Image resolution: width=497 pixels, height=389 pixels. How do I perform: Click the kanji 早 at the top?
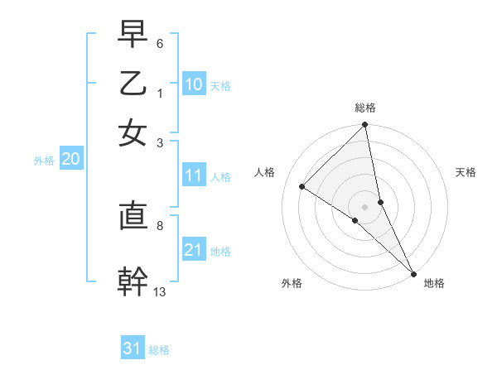[133, 35]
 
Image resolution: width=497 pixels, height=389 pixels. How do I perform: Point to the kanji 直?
[133, 216]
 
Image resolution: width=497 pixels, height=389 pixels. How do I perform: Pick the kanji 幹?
[133, 281]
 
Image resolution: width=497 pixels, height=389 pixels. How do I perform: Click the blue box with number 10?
[194, 84]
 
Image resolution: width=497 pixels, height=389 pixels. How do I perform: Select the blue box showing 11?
[194, 175]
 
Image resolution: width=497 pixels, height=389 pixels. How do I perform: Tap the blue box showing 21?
[194, 250]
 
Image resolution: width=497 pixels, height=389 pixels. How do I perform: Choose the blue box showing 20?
[70, 160]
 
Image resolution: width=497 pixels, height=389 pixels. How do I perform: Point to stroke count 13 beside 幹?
[160, 291]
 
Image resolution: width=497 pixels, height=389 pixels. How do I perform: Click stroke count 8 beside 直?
[160, 224]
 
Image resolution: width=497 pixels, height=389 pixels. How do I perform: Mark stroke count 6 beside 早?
[160, 42]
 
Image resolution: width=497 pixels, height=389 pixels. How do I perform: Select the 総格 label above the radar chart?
[365, 108]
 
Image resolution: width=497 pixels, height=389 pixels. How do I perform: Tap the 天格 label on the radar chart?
[466, 172]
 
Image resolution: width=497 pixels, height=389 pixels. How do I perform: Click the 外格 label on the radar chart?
[292, 284]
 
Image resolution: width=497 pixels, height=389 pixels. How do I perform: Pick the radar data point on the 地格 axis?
[413, 273]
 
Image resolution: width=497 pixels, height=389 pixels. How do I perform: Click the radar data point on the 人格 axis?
[302, 187]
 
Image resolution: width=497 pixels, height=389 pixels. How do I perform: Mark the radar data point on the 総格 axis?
[364, 126]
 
